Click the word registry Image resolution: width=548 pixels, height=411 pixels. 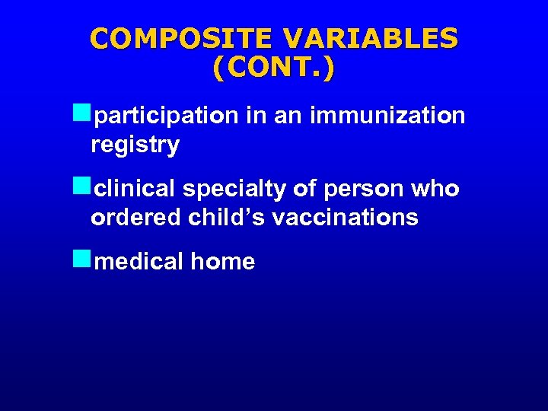click(x=135, y=145)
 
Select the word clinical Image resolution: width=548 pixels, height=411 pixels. click(x=135, y=189)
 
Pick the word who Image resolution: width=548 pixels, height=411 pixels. click(x=438, y=189)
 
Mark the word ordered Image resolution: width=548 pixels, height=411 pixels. click(x=135, y=218)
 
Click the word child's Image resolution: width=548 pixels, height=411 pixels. click(x=226, y=218)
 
